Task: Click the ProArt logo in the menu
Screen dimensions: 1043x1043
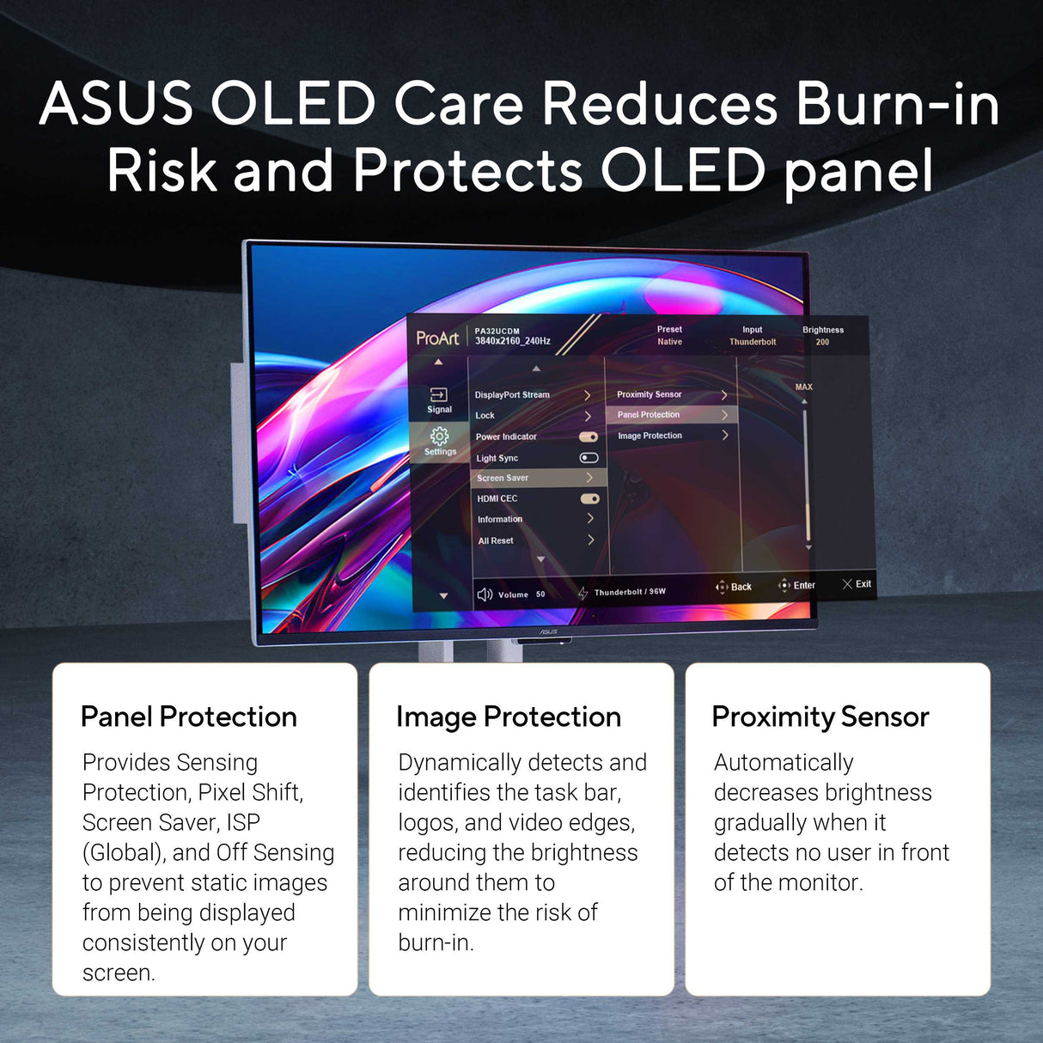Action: [x=437, y=338]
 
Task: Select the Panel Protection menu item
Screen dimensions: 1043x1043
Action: [x=649, y=415]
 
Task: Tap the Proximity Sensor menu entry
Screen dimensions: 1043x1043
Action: [x=650, y=394]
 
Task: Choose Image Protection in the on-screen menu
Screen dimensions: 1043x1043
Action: [x=650, y=436]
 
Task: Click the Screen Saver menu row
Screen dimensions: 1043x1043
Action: [x=503, y=478]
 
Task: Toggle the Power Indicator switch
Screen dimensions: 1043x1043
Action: [x=589, y=436]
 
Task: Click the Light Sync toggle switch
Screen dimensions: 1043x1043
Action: [x=589, y=458]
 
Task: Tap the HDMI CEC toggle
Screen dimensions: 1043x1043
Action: [x=589, y=498]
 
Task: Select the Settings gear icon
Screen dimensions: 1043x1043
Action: [x=440, y=436]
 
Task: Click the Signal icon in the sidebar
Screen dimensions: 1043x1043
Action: [x=439, y=395]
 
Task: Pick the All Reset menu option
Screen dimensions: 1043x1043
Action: [x=496, y=540]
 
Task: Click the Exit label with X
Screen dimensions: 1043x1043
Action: [x=857, y=584]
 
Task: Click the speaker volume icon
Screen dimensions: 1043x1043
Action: [x=485, y=595]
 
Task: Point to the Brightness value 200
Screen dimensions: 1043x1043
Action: [x=822, y=342]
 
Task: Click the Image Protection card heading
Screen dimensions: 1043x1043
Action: [x=509, y=717]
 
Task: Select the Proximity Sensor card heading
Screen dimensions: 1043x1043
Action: [x=820, y=717]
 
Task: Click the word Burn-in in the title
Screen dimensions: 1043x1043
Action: [x=897, y=104]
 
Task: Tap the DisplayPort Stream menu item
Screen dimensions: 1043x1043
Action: [x=512, y=395]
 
